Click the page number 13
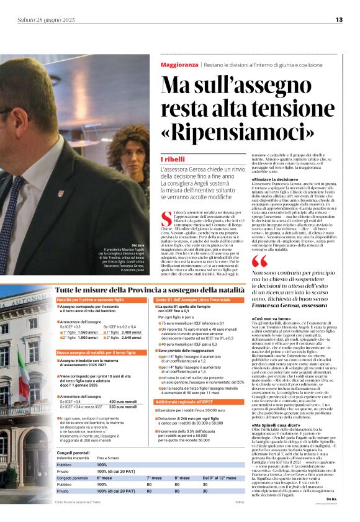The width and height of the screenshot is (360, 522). [x=339, y=20]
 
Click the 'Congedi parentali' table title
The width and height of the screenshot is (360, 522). [x=73, y=453]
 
